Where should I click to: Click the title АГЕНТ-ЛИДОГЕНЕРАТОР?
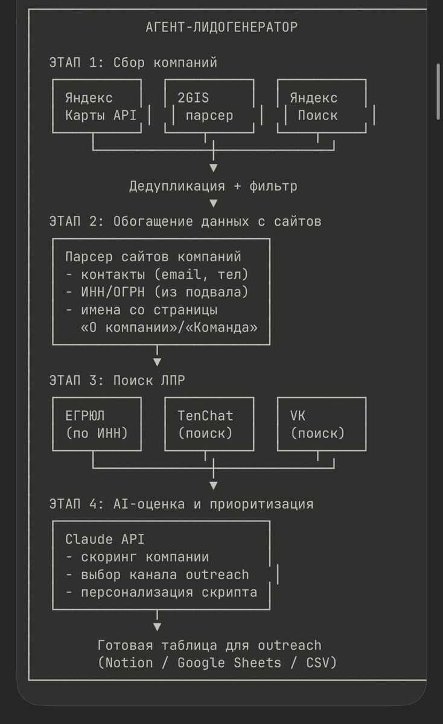[221, 27]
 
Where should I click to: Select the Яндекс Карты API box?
[97, 106]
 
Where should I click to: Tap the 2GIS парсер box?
[209, 106]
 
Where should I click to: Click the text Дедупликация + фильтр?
[213, 186]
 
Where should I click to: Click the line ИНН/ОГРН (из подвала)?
[157, 293]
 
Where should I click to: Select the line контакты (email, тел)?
[157, 275]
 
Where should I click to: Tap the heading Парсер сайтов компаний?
[153, 256]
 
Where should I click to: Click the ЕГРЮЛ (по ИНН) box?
[97, 424]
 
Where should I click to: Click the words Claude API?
[105, 539]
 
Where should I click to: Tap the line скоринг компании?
[137, 557]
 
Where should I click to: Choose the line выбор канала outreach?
[157, 575]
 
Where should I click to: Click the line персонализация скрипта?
[161, 592]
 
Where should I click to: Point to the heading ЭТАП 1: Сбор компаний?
[133, 63]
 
